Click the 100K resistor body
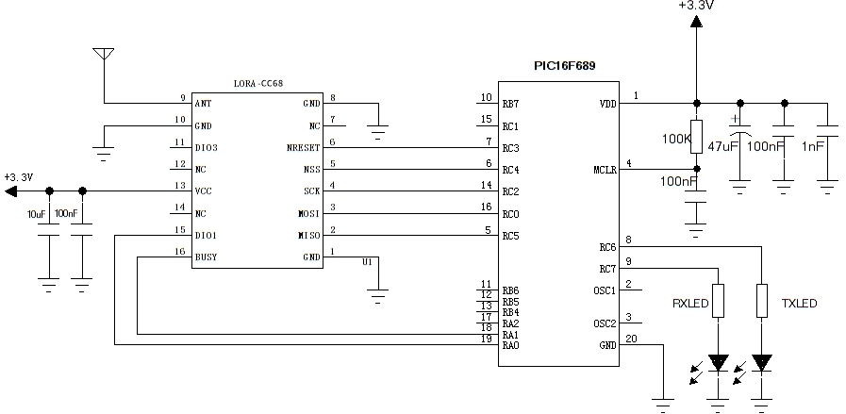click(696, 136)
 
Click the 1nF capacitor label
click(812, 146)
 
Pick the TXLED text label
click(799, 304)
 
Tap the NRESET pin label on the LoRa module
click(304, 148)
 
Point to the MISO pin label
click(310, 235)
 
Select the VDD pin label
click(606, 104)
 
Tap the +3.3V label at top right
click(695, 7)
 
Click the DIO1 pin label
click(206, 235)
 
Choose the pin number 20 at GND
click(630, 339)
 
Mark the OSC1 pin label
click(605, 290)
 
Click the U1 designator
click(368, 262)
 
